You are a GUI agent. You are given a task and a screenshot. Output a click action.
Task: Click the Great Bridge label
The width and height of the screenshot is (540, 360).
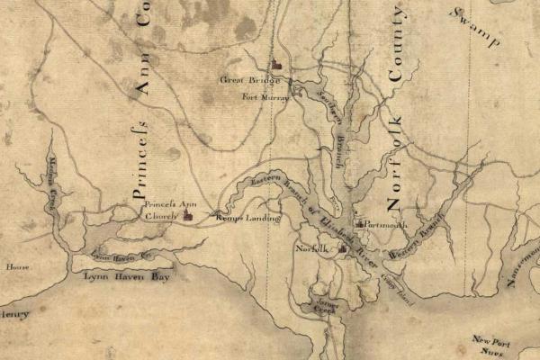coord(245,80)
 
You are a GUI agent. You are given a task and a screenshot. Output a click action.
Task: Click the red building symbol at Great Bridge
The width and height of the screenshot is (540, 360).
coord(277,66)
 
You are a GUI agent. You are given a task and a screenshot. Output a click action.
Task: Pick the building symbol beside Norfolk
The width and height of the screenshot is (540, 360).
coord(342,247)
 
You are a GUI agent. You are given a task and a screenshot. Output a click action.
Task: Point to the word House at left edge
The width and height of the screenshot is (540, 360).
coord(17,267)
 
